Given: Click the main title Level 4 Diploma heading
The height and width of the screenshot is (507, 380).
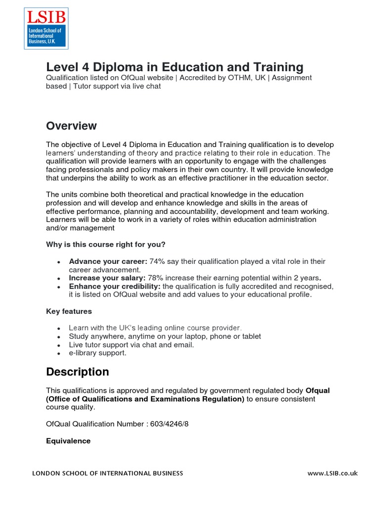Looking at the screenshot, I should pos(175,67).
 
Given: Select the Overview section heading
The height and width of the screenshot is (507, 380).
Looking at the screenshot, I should pos(71,126).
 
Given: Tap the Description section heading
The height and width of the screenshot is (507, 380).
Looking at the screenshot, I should pos(77,372).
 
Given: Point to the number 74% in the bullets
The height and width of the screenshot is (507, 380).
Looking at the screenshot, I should pos(157,261).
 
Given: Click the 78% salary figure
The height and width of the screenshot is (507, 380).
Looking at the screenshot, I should pos(156,278).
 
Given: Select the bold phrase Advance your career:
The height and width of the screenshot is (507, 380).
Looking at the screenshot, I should pos(108,261).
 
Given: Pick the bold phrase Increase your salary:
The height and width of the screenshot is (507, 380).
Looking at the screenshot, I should pos(107,278).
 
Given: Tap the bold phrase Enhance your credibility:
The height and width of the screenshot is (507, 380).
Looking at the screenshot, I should pos(115,287).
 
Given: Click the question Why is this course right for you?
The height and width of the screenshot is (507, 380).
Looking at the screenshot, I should pos(105,245).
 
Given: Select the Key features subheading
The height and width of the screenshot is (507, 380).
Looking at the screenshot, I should pos(69,311).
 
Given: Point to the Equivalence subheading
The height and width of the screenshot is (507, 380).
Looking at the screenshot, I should pos(68,441).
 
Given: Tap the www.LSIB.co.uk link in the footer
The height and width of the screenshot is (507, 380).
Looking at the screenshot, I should pos(332,473).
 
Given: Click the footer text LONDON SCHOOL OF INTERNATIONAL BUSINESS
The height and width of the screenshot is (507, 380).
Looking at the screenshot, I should pos(107,473).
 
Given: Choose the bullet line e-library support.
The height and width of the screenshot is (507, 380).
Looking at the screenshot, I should pos(97,353).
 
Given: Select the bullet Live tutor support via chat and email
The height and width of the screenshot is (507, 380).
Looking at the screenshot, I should pos(131,345).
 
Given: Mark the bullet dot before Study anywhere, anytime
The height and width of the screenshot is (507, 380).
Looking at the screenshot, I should pos(59,337).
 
